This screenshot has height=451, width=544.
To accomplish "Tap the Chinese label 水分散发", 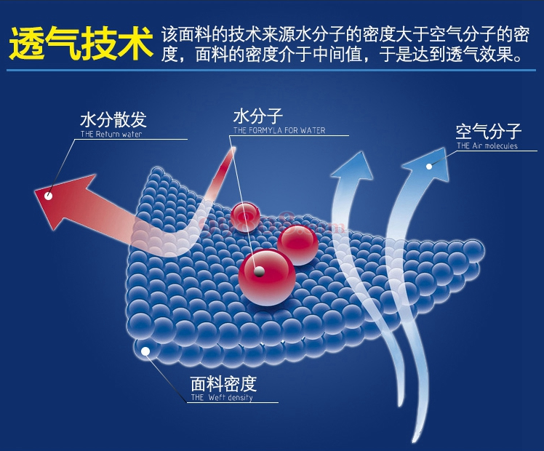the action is [x=113, y=120].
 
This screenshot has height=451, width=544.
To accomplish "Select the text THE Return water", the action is [x=111, y=135].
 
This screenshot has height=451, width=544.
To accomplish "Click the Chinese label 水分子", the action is [x=257, y=116].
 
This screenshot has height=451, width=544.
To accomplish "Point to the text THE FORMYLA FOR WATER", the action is [x=279, y=130].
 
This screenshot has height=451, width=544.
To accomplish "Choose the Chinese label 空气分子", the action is [x=489, y=132].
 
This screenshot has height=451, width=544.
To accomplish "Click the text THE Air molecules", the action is [x=487, y=145].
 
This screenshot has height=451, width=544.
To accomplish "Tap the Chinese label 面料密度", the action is [x=224, y=383].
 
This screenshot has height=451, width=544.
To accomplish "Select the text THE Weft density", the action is [x=222, y=398].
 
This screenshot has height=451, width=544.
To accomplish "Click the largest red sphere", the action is [x=267, y=278].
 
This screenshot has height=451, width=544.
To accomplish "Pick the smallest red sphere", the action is [x=245, y=217].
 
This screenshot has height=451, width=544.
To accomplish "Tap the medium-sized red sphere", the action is [x=297, y=244].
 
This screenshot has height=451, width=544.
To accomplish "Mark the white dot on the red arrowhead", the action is [x=49, y=196].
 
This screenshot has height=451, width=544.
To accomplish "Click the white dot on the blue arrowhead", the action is [x=429, y=167].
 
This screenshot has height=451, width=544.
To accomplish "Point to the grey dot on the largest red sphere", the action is [x=259, y=271].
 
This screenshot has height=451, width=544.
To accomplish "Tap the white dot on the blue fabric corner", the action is [x=145, y=351].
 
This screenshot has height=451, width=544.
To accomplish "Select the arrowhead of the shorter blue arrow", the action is [x=353, y=167].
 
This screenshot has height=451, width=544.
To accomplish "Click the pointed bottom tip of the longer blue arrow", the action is [x=414, y=443].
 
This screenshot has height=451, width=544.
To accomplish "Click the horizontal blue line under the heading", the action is [x=271, y=70].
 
